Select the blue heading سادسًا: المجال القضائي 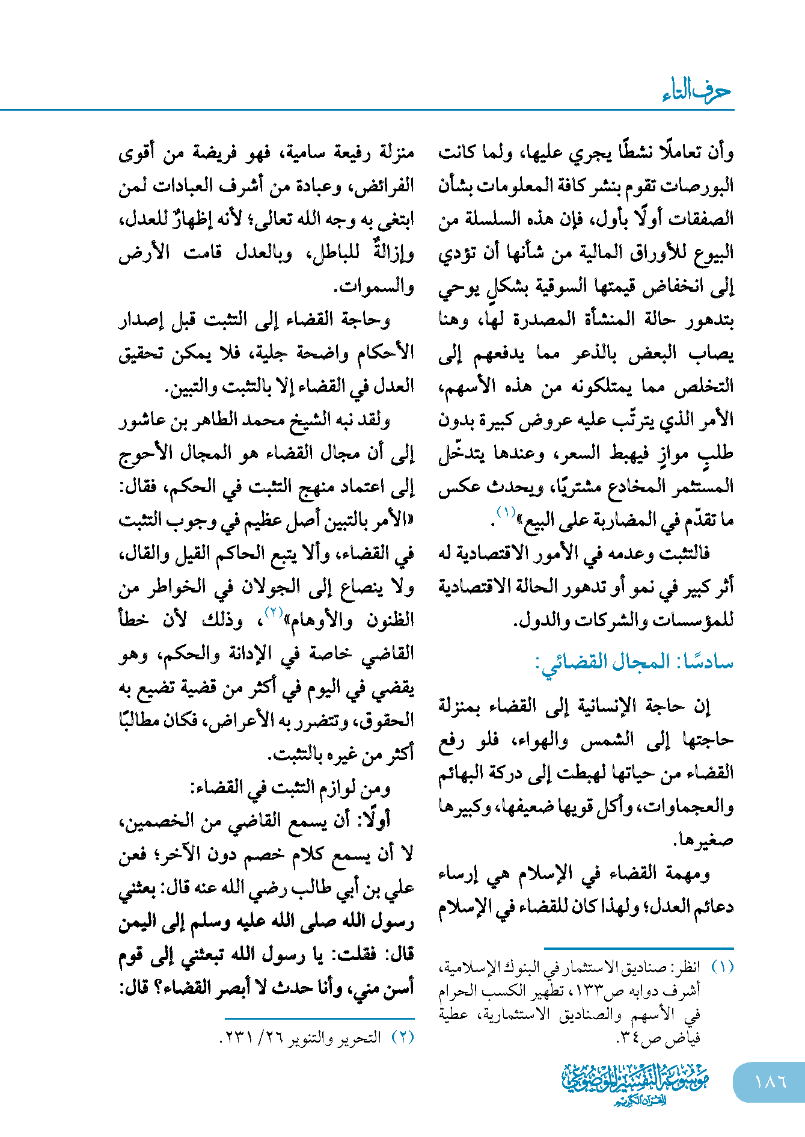[634, 662]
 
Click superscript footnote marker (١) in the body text [506, 513]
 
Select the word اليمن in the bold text [138, 921]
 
